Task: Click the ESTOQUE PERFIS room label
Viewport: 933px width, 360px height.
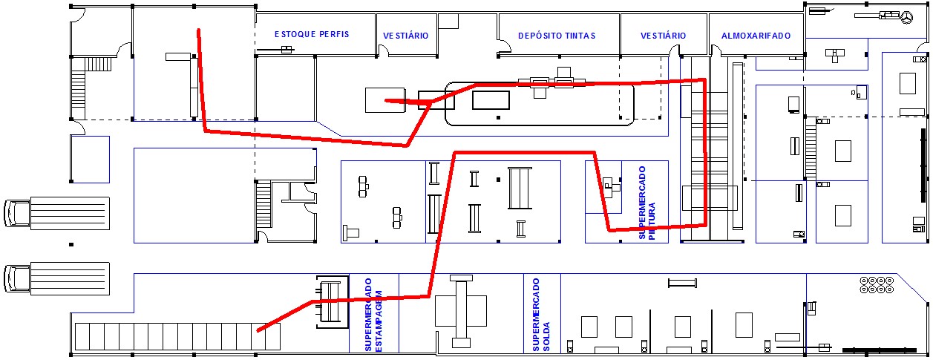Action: pyautogui.click(x=312, y=34)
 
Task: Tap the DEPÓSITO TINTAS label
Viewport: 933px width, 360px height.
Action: pyautogui.click(x=557, y=36)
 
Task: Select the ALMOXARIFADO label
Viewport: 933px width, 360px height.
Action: pyautogui.click(x=756, y=36)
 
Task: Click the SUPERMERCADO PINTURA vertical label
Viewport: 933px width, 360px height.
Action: pyautogui.click(x=646, y=203)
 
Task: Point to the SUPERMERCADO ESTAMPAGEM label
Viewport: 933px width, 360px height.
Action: pyautogui.click(x=373, y=315)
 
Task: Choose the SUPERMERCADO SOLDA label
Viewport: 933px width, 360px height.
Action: pyautogui.click(x=541, y=315)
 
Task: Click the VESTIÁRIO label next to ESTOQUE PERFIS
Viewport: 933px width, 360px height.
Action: pyautogui.click(x=406, y=36)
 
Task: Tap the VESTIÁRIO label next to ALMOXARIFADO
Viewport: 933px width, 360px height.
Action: pyautogui.click(x=663, y=36)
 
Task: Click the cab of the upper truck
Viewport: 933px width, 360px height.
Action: pyautogui.click(x=16, y=213)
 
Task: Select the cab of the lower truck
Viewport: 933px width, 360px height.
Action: pyautogui.click(x=16, y=279)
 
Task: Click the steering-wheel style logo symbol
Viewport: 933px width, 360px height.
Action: pyautogui.click(x=907, y=18)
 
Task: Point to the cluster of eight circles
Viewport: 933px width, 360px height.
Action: pyautogui.click(x=877, y=285)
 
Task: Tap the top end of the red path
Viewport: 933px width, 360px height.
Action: pyautogui.click(x=199, y=30)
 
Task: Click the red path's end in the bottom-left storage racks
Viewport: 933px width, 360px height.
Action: pyautogui.click(x=258, y=330)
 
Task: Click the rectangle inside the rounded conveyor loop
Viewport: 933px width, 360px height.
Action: pyautogui.click(x=491, y=100)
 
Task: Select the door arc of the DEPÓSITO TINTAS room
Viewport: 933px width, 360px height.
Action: pyautogui.click(x=505, y=46)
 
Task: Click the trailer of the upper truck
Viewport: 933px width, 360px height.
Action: pyautogui.click(x=70, y=213)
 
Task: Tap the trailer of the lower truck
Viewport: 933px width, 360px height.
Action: pyautogui.click(x=70, y=279)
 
